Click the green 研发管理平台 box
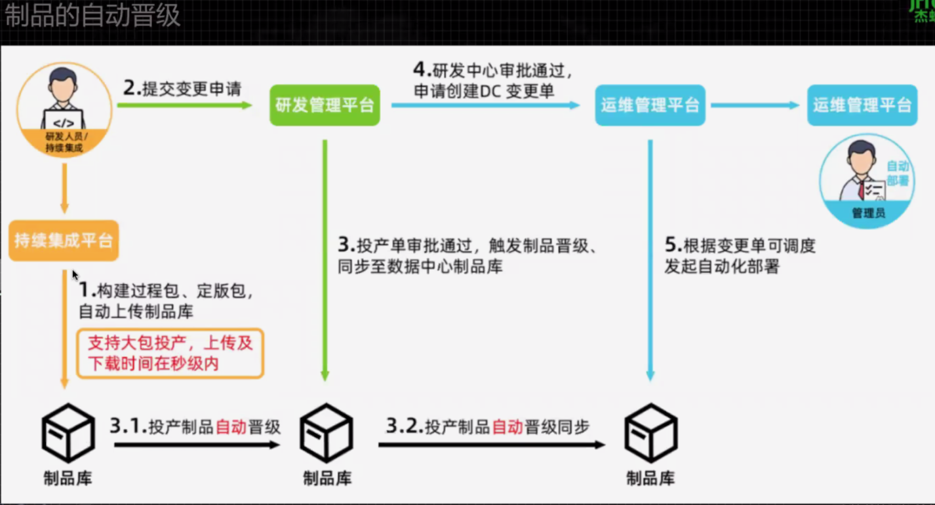click(325, 105)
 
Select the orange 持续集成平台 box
click(64, 240)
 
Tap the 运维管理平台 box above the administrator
click(862, 105)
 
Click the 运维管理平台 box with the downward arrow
click(650, 105)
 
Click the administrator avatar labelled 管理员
click(867, 180)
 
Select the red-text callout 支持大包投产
click(170, 353)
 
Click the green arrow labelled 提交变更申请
click(185, 105)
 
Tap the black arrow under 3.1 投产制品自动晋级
click(197, 445)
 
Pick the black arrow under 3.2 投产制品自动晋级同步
click(491, 445)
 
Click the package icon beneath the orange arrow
click(68, 433)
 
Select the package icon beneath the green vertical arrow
click(327, 433)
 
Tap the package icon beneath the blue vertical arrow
click(650, 433)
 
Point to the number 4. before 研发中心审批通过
click(421, 70)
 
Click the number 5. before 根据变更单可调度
click(673, 246)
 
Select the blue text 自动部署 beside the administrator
click(898, 173)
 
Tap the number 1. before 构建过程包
click(87, 290)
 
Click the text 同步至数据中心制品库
click(420, 267)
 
